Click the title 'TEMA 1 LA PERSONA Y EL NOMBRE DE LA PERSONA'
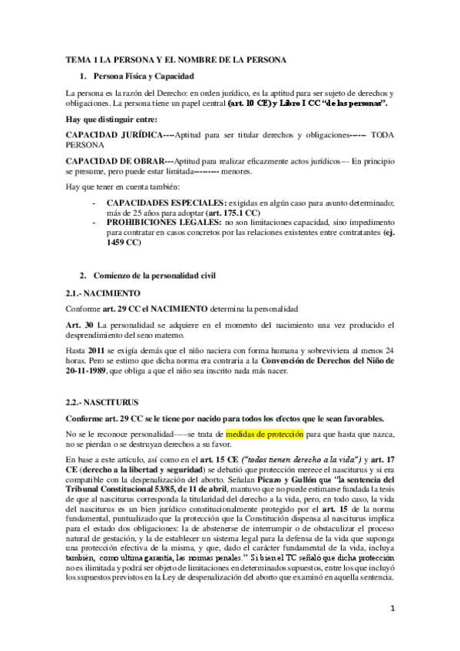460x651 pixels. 176,60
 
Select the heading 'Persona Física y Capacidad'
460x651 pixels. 144,77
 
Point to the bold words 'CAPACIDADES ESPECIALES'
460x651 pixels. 164,202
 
